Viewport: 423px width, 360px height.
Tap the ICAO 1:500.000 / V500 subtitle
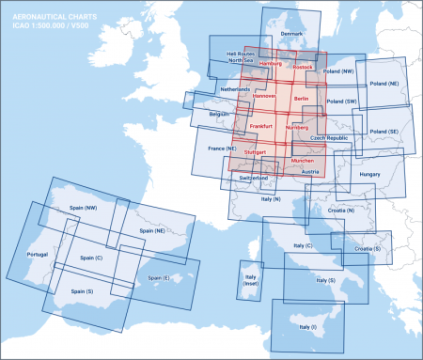[x=43, y=25]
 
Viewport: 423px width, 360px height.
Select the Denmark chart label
[x=293, y=34]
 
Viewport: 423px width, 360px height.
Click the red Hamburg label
[x=270, y=64]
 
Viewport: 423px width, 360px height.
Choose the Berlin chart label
[x=301, y=98]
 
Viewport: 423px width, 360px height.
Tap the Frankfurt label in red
[x=261, y=125]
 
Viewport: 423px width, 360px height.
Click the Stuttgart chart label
[x=255, y=151]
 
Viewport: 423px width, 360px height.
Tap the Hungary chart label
[x=368, y=174]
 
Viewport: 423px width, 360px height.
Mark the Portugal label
[x=37, y=255]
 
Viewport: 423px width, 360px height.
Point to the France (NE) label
[x=221, y=149]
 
